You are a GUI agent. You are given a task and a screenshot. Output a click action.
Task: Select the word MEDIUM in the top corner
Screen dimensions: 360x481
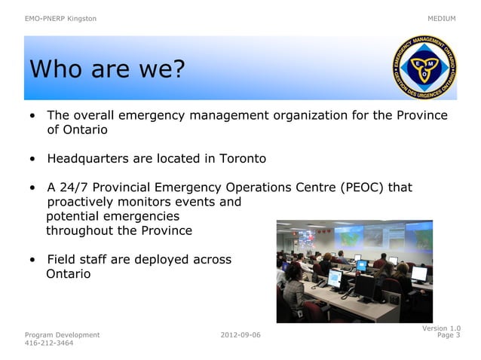(441, 18)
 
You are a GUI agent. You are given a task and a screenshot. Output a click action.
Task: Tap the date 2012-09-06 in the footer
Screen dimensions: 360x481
(240, 334)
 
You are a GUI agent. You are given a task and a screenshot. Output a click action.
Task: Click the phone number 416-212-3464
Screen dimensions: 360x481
(49, 343)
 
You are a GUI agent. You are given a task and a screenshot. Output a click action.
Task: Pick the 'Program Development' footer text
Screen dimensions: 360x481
(62, 334)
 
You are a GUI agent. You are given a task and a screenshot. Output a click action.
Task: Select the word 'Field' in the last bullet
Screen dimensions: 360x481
(63, 260)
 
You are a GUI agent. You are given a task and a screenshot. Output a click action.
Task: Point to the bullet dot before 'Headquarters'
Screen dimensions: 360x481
(32, 160)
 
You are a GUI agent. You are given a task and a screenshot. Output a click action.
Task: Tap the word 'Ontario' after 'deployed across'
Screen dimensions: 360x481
(69, 274)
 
